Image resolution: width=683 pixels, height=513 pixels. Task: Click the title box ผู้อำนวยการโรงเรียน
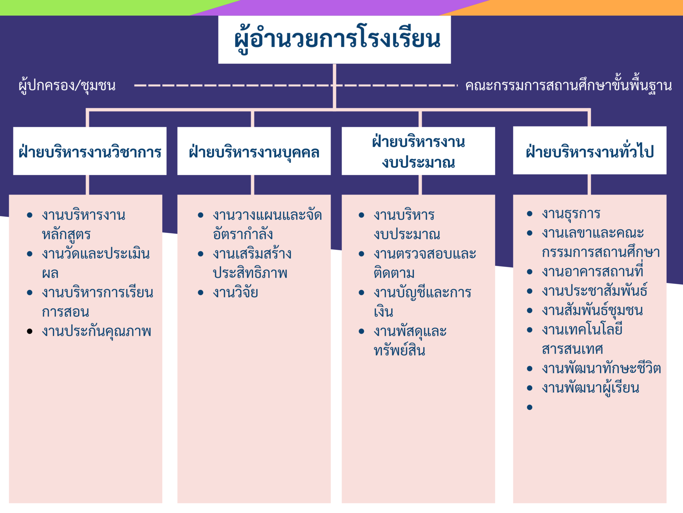[x=334, y=40]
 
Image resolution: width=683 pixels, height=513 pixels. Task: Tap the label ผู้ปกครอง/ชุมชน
[x=67, y=85]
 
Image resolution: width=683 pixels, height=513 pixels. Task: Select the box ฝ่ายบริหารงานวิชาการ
[x=90, y=151]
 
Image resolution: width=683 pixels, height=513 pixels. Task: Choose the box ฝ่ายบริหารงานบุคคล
[x=254, y=151]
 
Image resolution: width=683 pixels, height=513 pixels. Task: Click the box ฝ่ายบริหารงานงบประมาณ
[x=418, y=151]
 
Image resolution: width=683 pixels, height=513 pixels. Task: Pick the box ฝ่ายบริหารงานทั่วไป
[x=589, y=150]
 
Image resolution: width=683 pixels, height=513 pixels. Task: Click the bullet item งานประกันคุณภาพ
[x=96, y=331]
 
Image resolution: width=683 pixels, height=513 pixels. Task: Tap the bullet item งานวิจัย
[x=235, y=292]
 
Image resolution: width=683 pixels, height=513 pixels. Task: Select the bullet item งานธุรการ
[x=571, y=214]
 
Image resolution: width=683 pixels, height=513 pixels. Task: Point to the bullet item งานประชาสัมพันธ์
[x=594, y=290]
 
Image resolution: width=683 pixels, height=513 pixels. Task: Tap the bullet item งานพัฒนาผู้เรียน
[x=591, y=388]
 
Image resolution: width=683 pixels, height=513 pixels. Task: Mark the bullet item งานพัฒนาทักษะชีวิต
[x=601, y=368]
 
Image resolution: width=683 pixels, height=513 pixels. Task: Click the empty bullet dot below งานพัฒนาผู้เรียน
[x=530, y=407]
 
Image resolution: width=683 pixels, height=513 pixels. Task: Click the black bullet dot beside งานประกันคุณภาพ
[x=30, y=331]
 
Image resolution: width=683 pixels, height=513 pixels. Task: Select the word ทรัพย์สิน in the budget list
[x=399, y=351]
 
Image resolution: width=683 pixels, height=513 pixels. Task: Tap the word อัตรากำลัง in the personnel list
[x=243, y=234]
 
